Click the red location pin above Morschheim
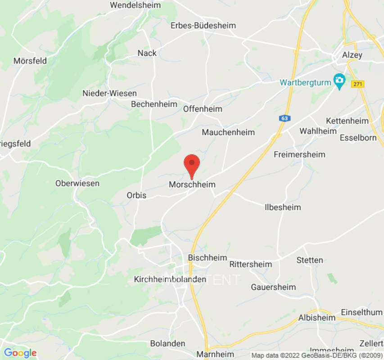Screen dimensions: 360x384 pos(192,164)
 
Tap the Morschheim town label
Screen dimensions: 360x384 pos(192,184)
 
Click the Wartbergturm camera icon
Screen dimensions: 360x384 pos(339,81)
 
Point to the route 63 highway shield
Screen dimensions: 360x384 pos(284,118)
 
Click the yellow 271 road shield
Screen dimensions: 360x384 pos(358,84)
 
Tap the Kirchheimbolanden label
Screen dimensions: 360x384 pos(170,279)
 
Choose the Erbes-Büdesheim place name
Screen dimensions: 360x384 pos(203,26)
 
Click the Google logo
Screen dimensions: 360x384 pos(20,353)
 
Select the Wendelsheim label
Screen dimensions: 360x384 pos(136,5)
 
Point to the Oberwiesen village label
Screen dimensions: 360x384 pos(77,184)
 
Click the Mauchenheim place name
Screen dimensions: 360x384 pos(228,132)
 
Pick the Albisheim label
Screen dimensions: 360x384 pos(317,318)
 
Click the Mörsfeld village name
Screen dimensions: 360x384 pos(30,61)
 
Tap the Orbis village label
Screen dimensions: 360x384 pos(137,195)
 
